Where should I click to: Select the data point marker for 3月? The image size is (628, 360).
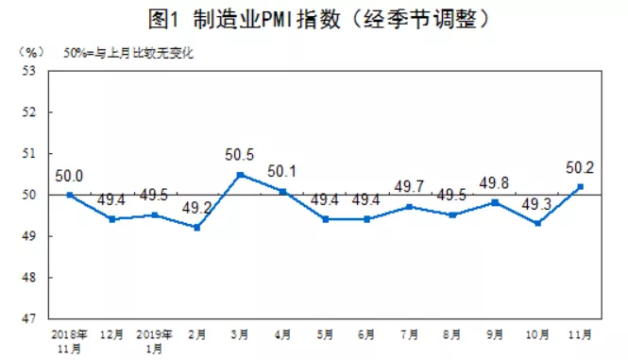pos(241,174)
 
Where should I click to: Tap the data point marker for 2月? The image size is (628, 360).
pos(197,227)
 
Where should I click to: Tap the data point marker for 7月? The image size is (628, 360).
pos(409,206)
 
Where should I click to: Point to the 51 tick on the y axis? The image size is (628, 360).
pos(28,153)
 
